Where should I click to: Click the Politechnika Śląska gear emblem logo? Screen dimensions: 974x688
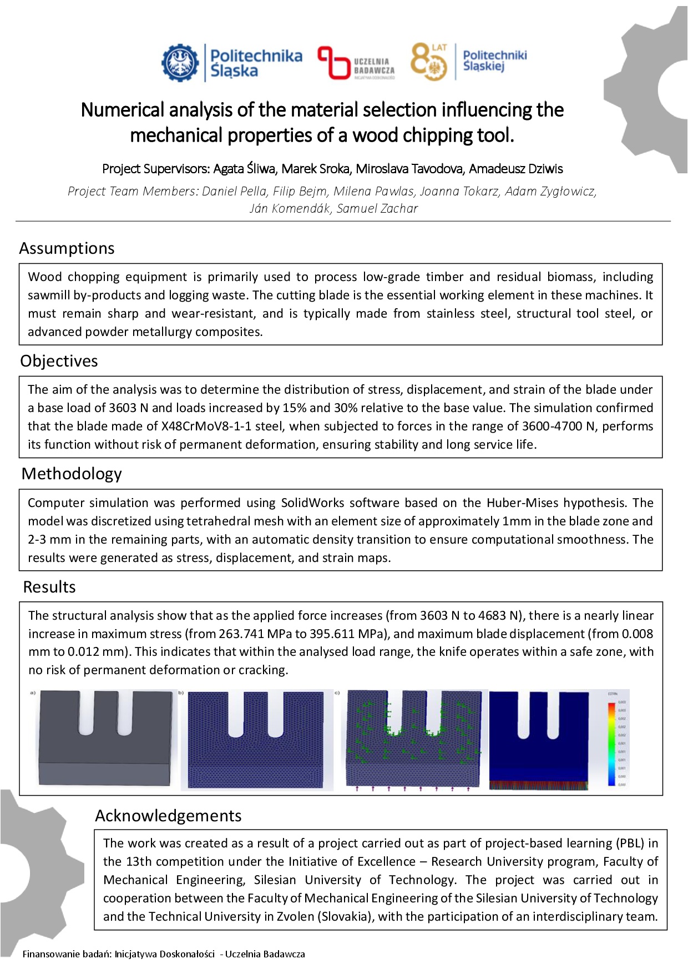(x=180, y=63)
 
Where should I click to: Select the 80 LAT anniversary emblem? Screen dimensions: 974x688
(x=429, y=62)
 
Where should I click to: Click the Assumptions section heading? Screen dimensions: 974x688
(x=67, y=248)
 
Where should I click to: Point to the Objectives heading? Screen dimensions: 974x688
(x=59, y=361)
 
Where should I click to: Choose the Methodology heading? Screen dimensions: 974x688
(x=72, y=474)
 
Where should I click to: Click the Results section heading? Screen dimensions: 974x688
(x=49, y=587)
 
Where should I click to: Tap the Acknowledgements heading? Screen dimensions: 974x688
(x=168, y=815)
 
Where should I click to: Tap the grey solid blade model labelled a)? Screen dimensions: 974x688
(x=105, y=739)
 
